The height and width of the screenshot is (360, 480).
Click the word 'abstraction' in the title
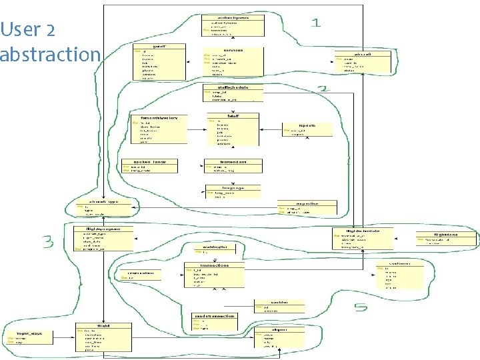click(50, 54)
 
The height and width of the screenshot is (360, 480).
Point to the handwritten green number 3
click(49, 241)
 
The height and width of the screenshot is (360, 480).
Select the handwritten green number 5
click(361, 308)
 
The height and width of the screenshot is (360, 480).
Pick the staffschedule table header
click(233, 87)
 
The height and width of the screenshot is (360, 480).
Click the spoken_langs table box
click(150, 166)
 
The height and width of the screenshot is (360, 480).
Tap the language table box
click(225, 192)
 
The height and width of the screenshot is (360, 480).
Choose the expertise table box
click(307, 208)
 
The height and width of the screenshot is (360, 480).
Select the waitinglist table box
click(207, 249)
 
